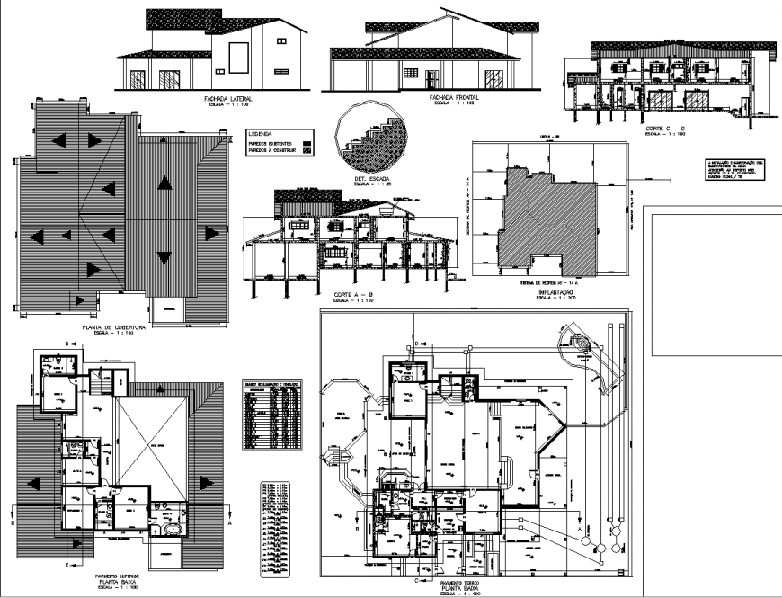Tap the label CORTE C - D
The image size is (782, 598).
(664, 129)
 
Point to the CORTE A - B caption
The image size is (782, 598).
(352, 295)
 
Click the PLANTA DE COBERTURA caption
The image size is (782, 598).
(118, 328)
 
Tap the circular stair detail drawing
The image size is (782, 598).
(369, 138)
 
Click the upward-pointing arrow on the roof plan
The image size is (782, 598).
(164, 183)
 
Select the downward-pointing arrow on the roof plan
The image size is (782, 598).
(164, 257)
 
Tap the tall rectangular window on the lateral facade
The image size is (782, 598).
(239, 58)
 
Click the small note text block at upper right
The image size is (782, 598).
(733, 169)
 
